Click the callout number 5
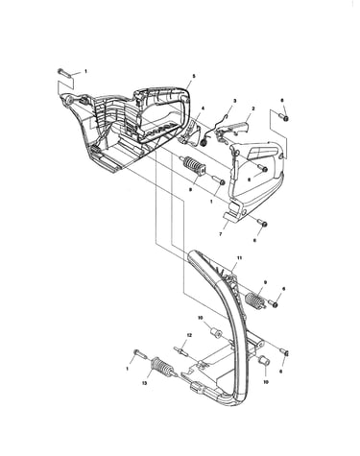[x=194, y=76]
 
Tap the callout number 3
[x=234, y=101]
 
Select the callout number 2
[x=253, y=108]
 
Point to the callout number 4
[x=203, y=108]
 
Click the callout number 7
[x=220, y=234]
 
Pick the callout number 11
[x=238, y=257]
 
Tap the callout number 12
[x=189, y=335]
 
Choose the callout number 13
[x=145, y=383]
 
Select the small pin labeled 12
[x=180, y=349]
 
